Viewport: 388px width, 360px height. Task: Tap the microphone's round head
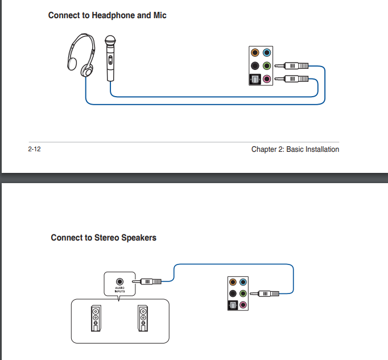(x=110, y=41)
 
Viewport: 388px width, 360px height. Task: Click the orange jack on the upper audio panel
(x=255, y=53)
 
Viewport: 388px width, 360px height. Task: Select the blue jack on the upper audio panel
(x=266, y=53)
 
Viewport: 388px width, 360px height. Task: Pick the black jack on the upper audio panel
(x=255, y=66)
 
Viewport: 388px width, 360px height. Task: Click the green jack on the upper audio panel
(x=266, y=66)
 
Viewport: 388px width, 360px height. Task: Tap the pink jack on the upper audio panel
(x=266, y=78)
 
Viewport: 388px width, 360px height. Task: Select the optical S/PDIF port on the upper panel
(x=254, y=79)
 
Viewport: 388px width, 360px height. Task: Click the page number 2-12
(x=35, y=150)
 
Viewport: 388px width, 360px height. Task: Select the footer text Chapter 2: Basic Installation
(x=295, y=150)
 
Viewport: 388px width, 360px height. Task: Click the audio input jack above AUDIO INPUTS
(x=119, y=281)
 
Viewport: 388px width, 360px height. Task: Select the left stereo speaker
(x=96, y=320)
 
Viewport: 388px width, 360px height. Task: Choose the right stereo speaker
(x=143, y=320)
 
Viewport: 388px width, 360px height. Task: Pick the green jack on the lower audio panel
(x=243, y=293)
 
